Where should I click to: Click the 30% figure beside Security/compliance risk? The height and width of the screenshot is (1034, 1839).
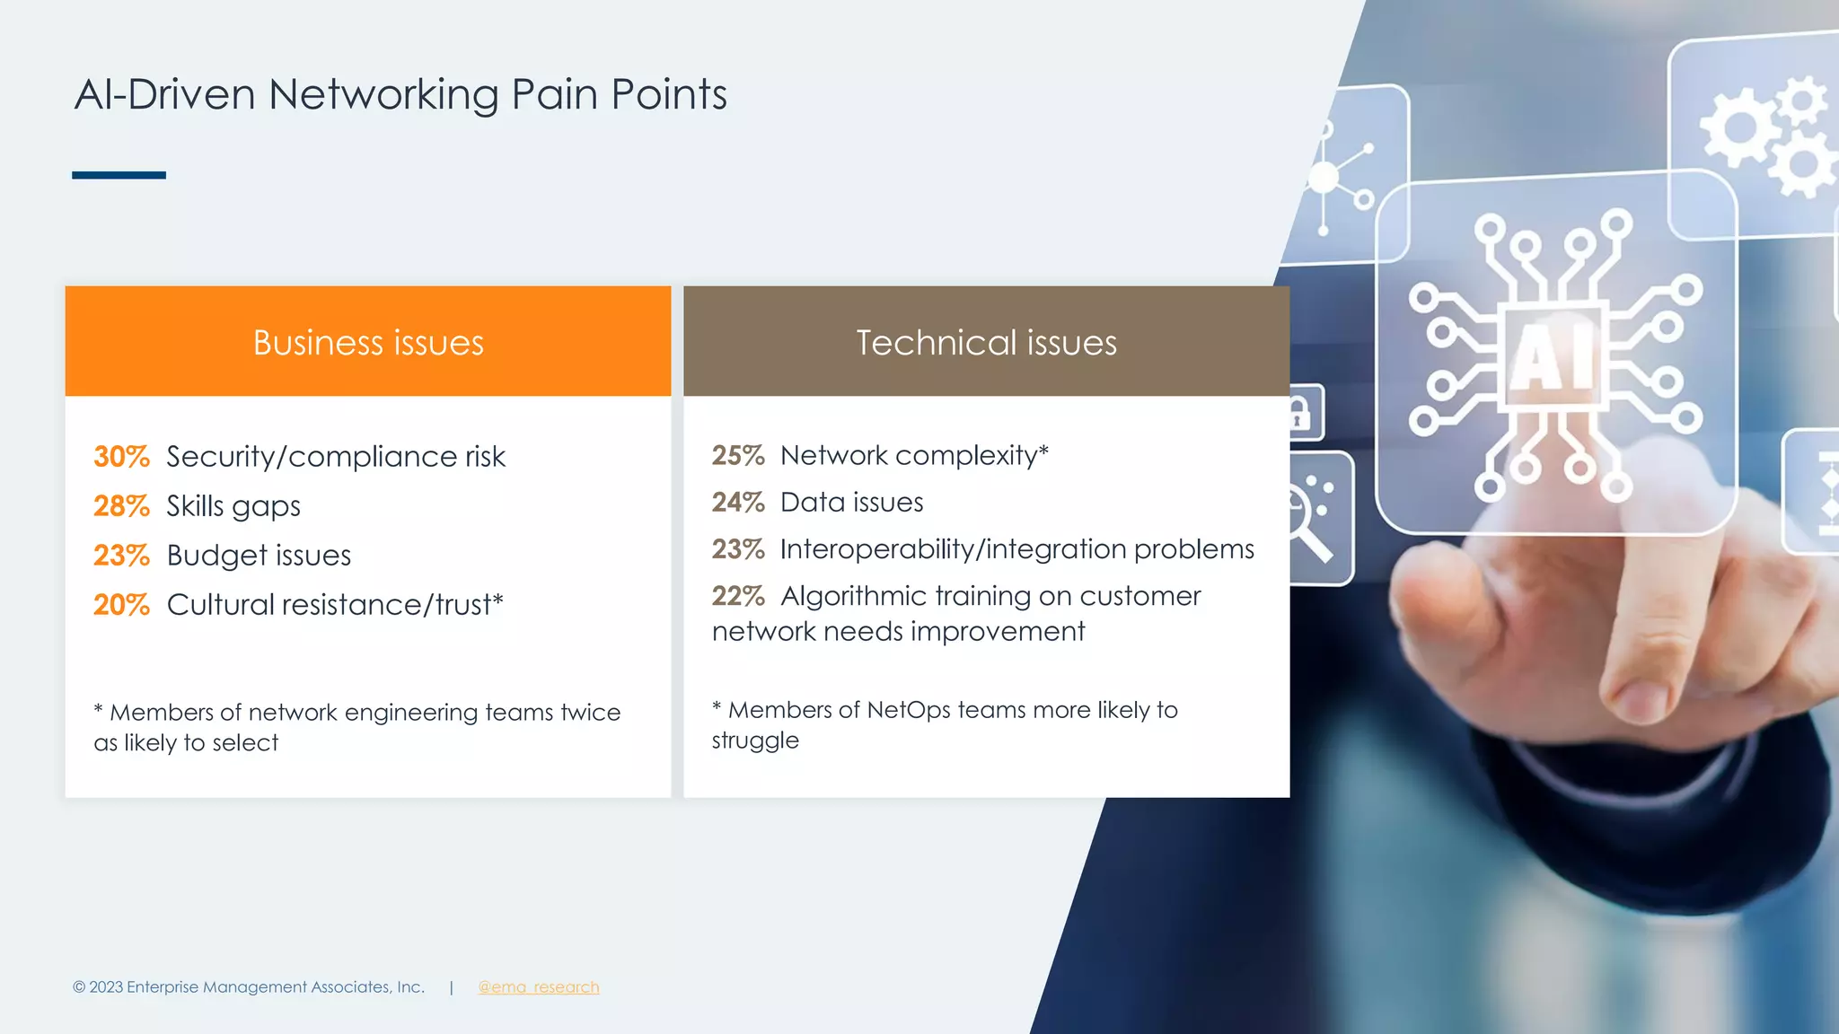click(121, 457)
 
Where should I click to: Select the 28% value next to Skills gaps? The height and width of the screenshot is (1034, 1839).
click(121, 506)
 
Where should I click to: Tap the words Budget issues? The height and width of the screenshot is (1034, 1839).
click(259, 556)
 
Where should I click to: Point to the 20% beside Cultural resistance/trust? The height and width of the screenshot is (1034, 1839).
click(121, 605)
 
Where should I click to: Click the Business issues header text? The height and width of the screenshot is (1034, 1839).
click(368, 343)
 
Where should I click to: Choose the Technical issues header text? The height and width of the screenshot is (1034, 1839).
click(986, 343)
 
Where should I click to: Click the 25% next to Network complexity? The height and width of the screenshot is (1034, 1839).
click(738, 456)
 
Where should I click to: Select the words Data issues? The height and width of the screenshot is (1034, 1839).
click(851, 503)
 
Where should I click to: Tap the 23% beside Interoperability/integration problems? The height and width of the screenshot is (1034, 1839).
click(738, 549)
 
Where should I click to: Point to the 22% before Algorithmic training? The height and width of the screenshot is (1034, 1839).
click(738, 596)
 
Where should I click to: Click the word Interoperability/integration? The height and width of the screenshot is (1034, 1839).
click(953, 549)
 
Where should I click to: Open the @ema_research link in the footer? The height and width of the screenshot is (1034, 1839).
click(538, 987)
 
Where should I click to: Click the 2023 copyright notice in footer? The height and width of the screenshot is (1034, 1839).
click(248, 987)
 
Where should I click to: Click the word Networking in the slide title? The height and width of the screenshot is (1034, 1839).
click(383, 94)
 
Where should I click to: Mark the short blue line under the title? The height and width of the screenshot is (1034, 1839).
click(119, 175)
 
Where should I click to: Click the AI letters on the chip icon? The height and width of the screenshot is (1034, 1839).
click(1552, 357)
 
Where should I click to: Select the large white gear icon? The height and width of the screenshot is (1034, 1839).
click(1740, 126)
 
